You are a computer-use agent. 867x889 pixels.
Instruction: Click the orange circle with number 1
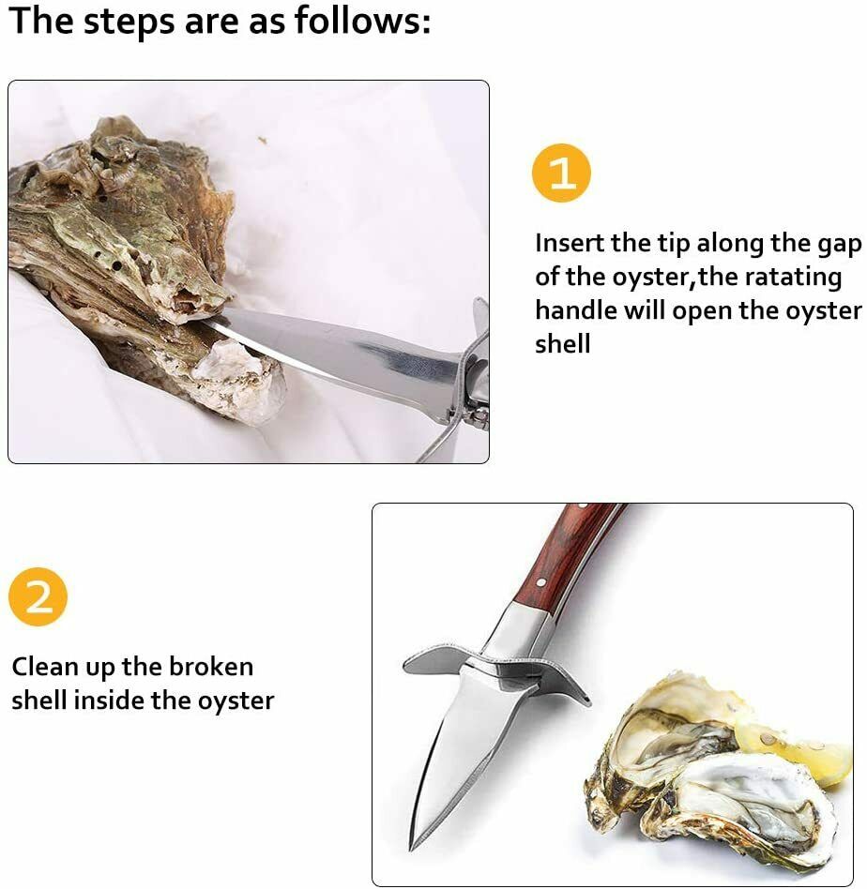[561, 173]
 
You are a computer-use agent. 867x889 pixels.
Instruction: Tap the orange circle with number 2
[38, 596]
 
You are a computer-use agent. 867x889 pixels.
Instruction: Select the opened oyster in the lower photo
[713, 778]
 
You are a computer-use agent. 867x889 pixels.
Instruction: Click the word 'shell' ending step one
[563, 344]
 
